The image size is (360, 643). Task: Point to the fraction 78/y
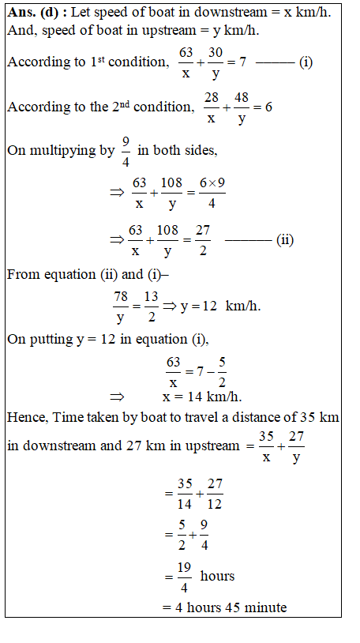[x=121, y=306]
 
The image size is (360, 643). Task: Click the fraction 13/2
[x=151, y=306]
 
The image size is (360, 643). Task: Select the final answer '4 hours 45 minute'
[x=224, y=607]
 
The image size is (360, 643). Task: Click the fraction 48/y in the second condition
[x=240, y=107]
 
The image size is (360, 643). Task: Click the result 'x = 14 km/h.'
[x=202, y=397]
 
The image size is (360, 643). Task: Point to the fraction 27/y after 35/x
[x=296, y=446]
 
